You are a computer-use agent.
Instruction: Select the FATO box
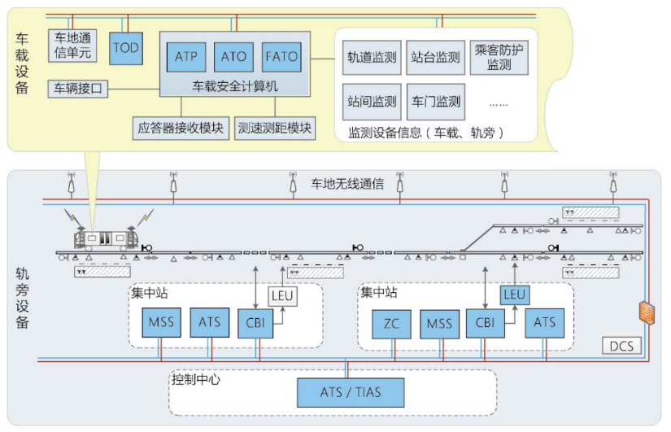281,57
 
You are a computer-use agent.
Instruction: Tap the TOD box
126,48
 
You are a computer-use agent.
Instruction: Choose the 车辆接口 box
79,88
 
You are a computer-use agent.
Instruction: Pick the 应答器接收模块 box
180,128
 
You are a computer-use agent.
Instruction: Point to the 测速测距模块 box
275,128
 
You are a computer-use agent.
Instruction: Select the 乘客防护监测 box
499,57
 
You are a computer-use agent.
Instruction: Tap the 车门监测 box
435,102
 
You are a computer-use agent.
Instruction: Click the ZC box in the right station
390,323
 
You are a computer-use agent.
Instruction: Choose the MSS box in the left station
160,322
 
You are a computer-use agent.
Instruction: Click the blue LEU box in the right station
514,295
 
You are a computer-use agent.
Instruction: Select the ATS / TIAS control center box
351,392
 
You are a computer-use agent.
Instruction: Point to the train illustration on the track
105,237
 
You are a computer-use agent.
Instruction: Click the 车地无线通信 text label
347,185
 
